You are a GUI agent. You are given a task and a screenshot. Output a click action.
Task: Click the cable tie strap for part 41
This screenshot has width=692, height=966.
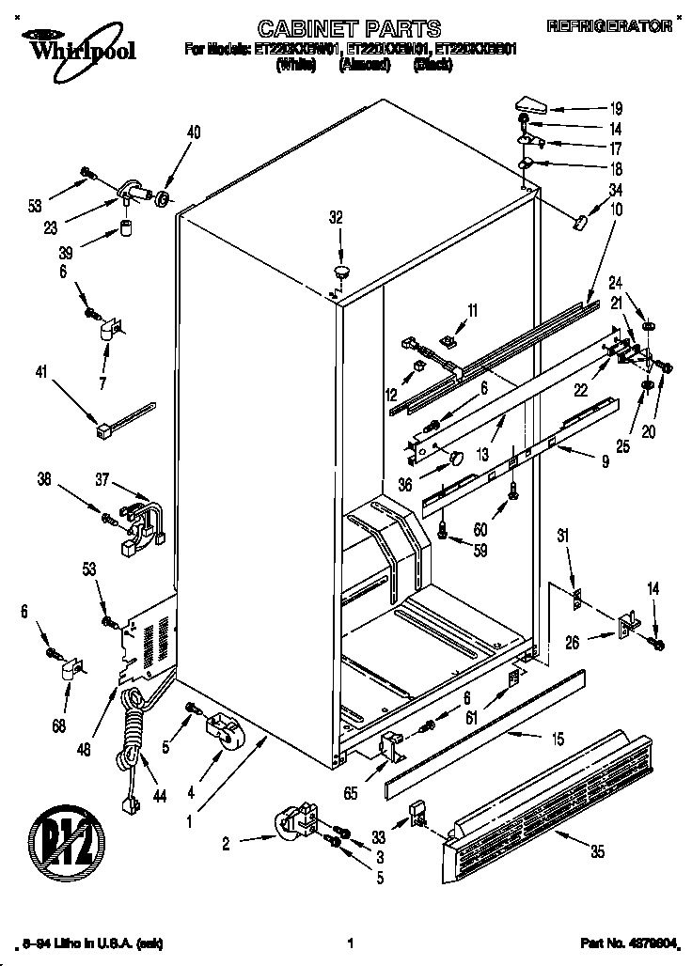122,419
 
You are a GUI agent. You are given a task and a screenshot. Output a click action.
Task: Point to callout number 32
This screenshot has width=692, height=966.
337,219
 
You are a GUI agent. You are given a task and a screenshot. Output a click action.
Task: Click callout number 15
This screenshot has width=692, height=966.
557,740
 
